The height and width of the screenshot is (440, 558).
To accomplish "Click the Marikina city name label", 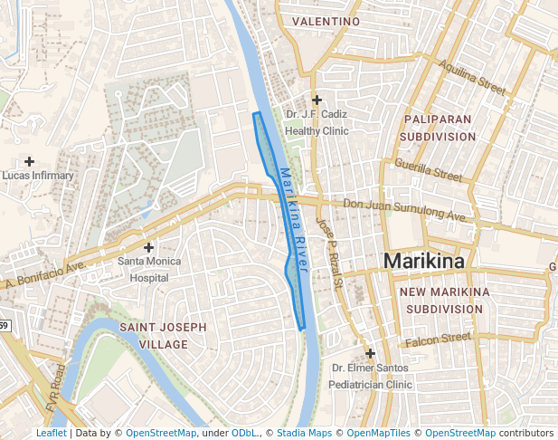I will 424,261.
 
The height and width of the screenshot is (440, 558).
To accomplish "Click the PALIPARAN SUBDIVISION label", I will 440,128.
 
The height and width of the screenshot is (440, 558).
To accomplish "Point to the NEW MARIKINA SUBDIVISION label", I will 444,301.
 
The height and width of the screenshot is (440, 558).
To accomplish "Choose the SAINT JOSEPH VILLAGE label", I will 164,335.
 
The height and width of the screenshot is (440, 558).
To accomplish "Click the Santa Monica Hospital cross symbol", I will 149,247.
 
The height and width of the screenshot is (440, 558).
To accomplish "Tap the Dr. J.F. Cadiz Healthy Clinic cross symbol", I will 317,100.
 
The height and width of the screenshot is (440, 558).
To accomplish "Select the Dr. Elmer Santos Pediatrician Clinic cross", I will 370,353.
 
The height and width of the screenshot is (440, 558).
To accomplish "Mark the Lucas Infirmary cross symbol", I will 30,160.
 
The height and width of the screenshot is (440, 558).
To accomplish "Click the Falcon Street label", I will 438,340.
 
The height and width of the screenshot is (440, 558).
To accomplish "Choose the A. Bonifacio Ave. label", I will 45,276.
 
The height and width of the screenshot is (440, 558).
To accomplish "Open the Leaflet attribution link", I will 51,433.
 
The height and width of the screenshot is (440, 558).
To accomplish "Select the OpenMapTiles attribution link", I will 380,433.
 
